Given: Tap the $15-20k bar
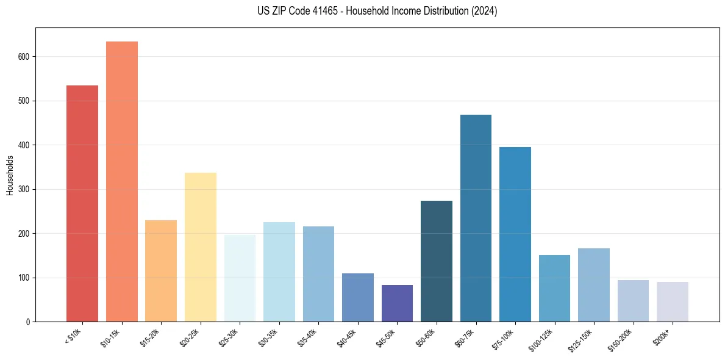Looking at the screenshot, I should (161, 271).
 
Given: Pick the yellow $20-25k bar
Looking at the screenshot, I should (200, 247).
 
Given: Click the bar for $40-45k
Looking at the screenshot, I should (357, 297).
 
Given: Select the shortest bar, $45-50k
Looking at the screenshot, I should (397, 303).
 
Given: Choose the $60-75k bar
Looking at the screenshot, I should (476, 218).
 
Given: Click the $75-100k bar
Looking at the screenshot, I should (515, 234).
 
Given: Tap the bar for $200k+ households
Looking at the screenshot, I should (672, 301).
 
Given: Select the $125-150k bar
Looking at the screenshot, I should (593, 285).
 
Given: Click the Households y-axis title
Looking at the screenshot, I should (10, 175).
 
